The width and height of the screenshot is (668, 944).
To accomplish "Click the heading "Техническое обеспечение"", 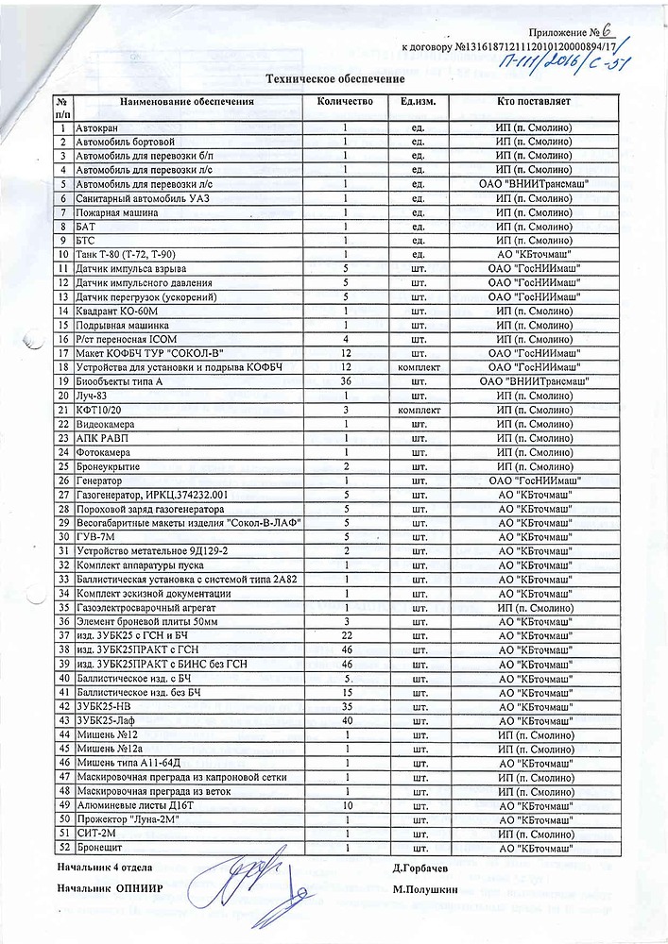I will pyautogui.click(x=336, y=81).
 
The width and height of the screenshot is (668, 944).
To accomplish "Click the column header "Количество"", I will pyautogui.click(x=346, y=102).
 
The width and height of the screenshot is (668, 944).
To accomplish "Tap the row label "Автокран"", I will pyautogui.click(x=96, y=127).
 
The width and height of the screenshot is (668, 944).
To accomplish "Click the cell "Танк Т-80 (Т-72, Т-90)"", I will pyautogui.click(x=127, y=255).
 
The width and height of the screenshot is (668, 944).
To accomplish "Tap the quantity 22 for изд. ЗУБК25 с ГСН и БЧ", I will pyautogui.click(x=346, y=636).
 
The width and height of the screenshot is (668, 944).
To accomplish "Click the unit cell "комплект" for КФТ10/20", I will pyautogui.click(x=418, y=411).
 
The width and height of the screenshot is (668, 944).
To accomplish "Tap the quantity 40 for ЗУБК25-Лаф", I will pyautogui.click(x=346, y=721).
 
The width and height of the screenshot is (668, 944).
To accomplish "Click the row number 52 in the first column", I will pyautogui.click(x=62, y=849).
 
